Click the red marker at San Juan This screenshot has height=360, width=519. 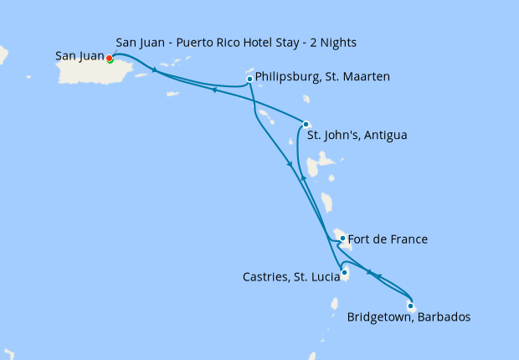[x=109, y=58]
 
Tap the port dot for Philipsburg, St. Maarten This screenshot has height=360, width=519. [x=249, y=80]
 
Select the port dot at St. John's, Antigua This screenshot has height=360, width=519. [x=306, y=124]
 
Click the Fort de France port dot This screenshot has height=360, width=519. [x=342, y=239]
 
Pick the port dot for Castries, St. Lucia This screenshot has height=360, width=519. [x=344, y=271]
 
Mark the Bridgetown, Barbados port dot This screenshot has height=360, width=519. [x=410, y=306]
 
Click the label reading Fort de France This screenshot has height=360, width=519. [x=388, y=239]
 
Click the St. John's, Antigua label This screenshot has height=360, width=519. [x=357, y=134]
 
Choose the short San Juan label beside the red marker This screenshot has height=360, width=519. [x=80, y=56]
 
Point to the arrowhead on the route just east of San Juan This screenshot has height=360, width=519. [x=154, y=70]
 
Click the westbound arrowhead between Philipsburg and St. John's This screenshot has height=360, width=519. [x=214, y=90]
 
